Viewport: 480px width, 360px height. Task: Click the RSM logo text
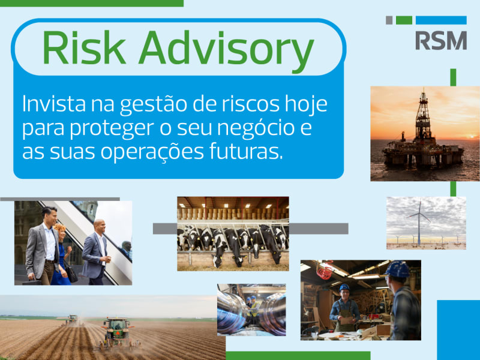point(441,40)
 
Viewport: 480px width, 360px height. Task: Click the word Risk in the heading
point(84,47)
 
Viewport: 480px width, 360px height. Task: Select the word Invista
point(54,104)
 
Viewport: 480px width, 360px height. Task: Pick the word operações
point(152,153)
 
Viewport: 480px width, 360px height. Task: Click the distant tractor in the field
point(72,320)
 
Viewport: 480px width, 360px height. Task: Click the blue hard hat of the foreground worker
point(397,269)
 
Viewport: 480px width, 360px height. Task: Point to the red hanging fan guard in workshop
point(325,271)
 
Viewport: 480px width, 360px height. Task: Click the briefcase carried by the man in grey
point(32,281)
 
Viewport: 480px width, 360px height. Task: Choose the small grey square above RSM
point(389,20)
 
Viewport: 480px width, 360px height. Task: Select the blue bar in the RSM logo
point(441,20)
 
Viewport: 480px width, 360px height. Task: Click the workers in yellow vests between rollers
point(252,308)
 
